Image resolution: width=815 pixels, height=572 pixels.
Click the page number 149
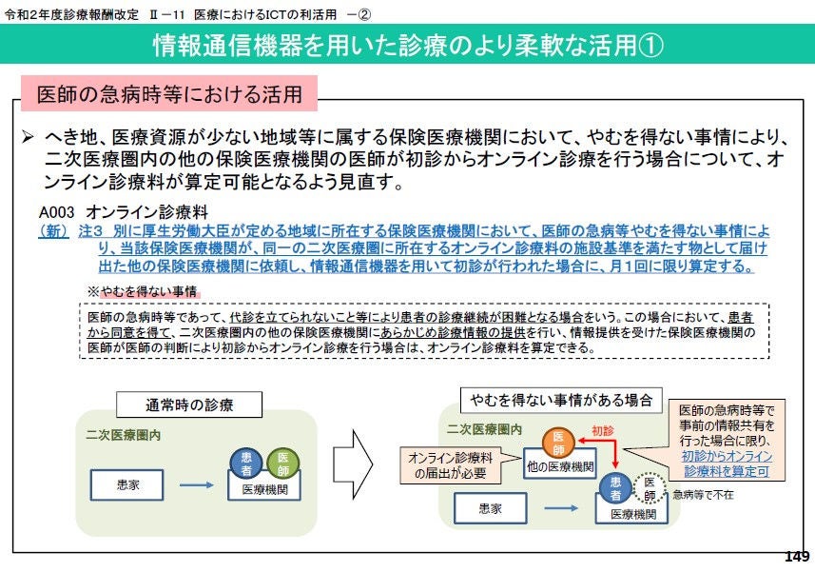(x=797, y=557)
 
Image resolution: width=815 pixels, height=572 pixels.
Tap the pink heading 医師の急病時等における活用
(x=169, y=93)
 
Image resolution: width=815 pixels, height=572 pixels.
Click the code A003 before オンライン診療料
(x=56, y=212)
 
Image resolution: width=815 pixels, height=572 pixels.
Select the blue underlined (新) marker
(x=54, y=231)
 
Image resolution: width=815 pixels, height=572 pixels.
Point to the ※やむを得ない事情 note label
(x=143, y=291)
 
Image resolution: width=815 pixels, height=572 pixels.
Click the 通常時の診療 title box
(x=188, y=404)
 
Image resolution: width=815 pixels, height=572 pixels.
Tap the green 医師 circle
(x=282, y=464)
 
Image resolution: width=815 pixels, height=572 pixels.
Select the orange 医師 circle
(x=558, y=444)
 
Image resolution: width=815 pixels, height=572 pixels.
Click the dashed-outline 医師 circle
(x=650, y=489)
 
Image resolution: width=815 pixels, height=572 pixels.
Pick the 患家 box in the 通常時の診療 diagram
(x=127, y=485)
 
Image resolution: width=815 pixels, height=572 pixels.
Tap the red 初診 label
(x=602, y=430)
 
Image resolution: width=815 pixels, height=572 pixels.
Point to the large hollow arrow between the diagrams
(x=353, y=464)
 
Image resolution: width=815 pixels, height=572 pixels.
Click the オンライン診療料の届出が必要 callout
(x=451, y=465)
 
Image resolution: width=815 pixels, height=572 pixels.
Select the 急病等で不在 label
(x=703, y=495)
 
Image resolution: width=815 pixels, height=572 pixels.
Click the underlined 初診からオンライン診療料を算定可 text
(x=727, y=464)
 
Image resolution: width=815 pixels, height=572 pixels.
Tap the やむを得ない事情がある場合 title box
(x=561, y=401)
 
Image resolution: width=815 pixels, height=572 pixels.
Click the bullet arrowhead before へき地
(x=28, y=137)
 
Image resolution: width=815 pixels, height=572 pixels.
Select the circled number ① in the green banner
(x=651, y=46)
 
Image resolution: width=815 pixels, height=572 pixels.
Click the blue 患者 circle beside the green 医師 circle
(x=246, y=464)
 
